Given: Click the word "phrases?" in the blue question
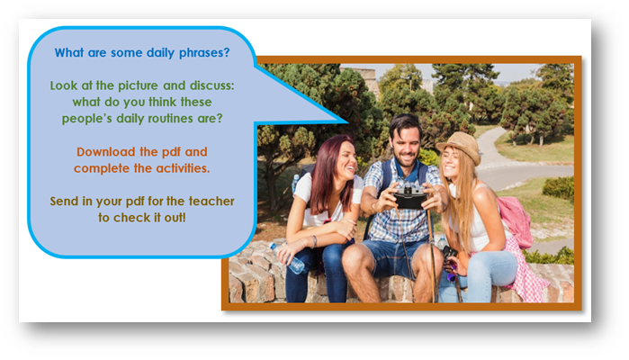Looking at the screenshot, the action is click(204, 53).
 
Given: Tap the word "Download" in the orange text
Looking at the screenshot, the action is click(106, 152).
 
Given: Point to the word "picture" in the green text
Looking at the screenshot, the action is click(138, 85).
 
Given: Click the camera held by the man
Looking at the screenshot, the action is click(409, 195).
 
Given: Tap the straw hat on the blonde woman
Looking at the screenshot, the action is click(460, 146).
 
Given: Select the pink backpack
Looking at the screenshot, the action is click(516, 220).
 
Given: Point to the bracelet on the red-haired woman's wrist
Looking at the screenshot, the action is click(314, 241).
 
